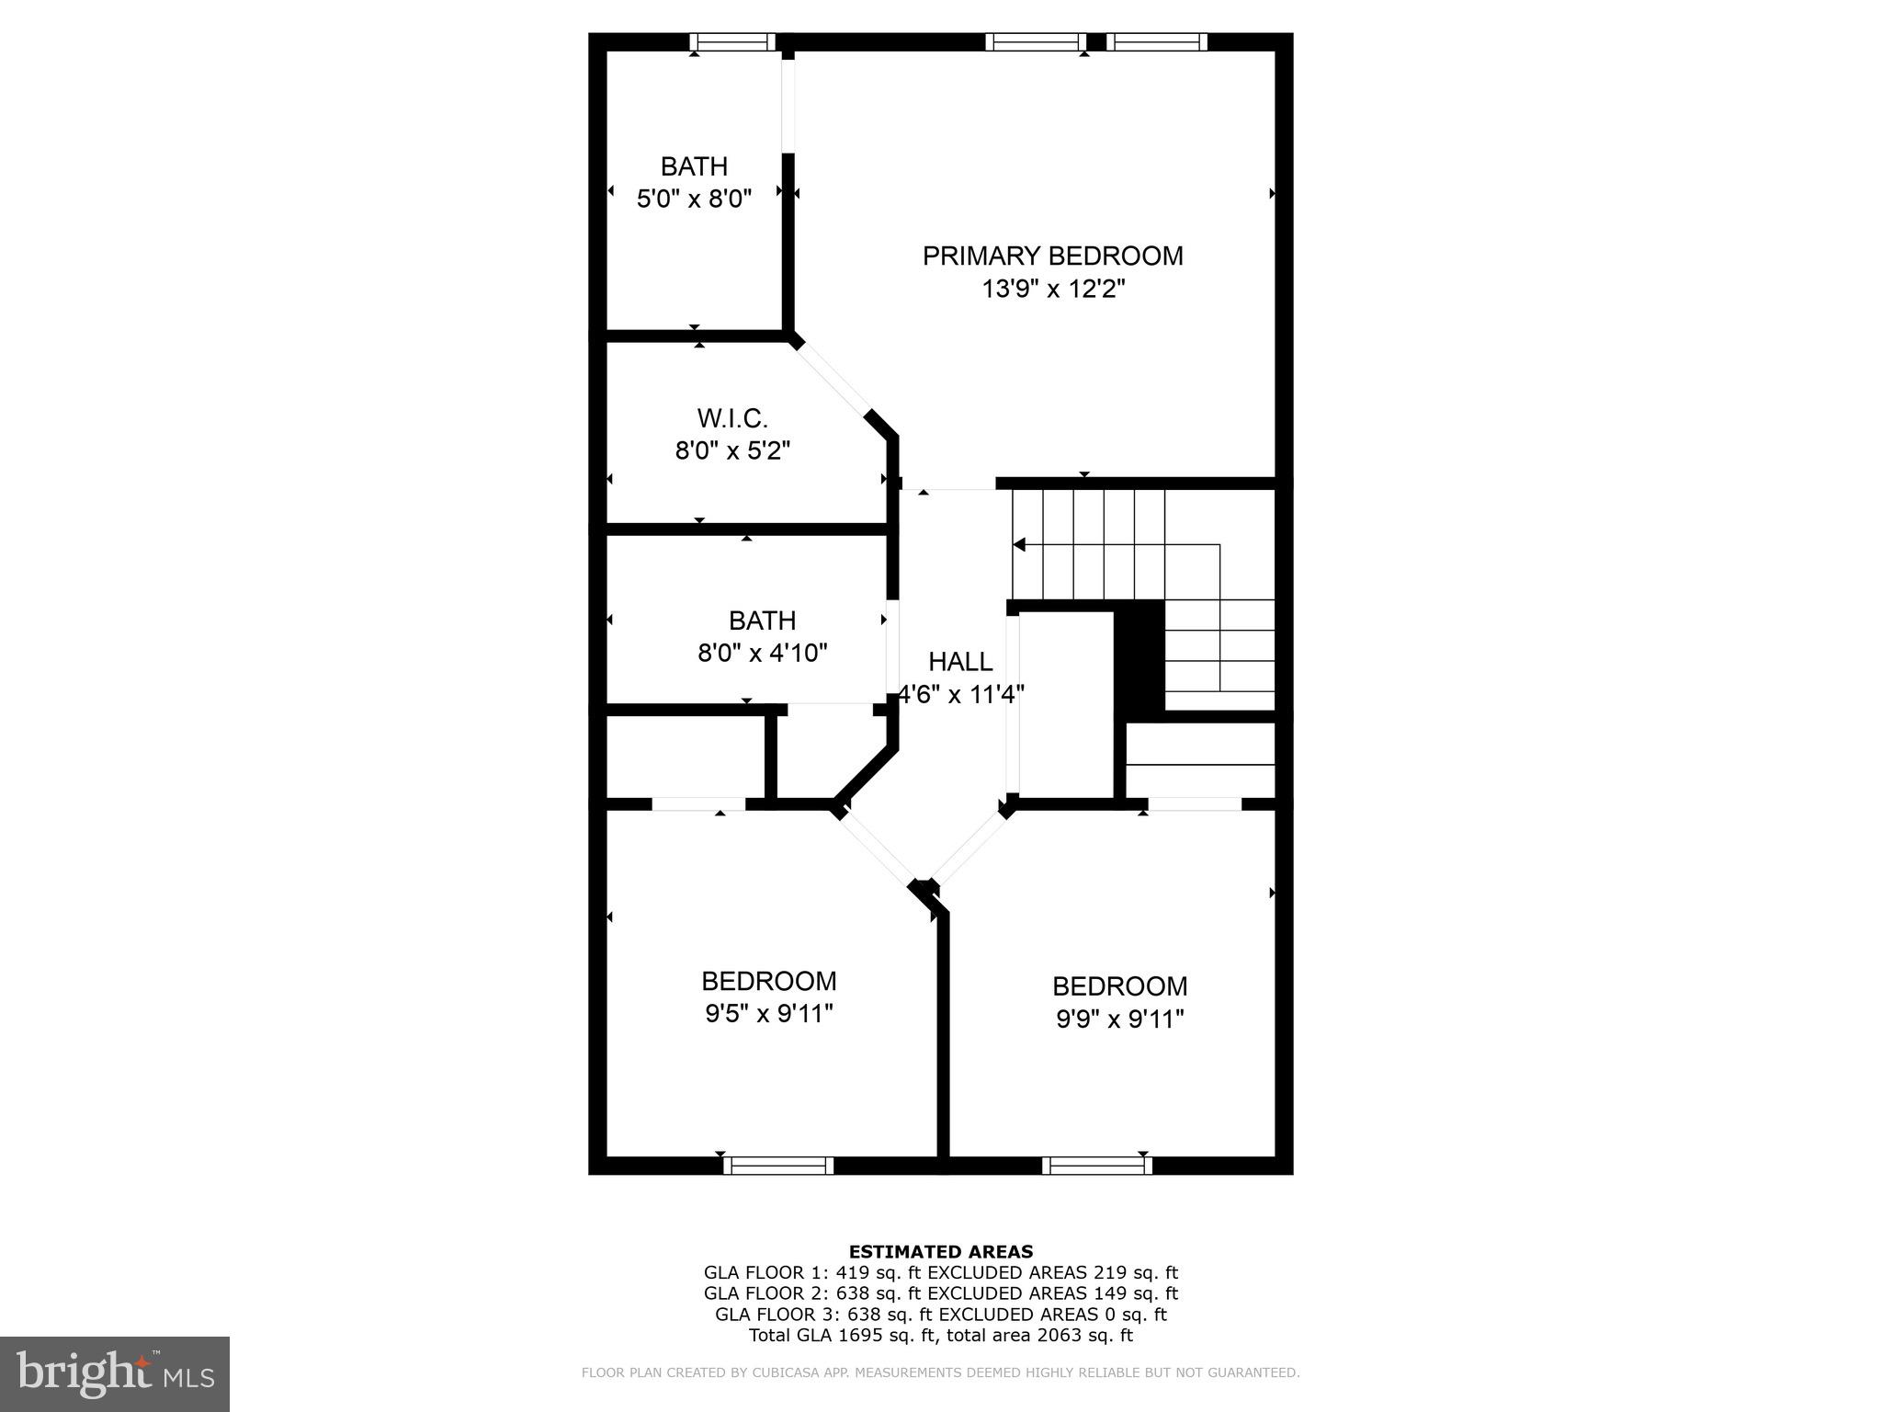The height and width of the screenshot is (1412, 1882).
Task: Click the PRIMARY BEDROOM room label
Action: coord(1052,256)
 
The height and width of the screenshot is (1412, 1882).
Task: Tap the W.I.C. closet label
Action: coord(732,418)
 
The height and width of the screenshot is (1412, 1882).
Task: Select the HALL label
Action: coord(960,662)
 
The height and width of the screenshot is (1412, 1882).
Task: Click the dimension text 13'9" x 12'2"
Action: coord(1053,290)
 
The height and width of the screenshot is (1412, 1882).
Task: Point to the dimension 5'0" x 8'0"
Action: coord(694,199)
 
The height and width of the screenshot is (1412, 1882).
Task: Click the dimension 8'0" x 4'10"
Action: coord(763,654)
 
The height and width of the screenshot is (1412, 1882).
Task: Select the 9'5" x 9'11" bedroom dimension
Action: coord(768,1014)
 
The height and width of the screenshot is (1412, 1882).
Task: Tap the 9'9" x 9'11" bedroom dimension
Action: coord(1119,1019)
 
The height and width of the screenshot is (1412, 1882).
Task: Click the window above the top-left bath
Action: coord(732,41)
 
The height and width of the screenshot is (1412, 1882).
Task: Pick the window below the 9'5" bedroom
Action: coord(778,1166)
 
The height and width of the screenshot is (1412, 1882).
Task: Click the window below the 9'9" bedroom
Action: coord(1097,1166)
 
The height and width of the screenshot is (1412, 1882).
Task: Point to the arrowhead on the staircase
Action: coord(1019,545)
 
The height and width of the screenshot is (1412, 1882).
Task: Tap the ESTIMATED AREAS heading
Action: coord(941,1251)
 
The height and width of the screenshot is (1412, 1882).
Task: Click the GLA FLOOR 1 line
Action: coord(941,1273)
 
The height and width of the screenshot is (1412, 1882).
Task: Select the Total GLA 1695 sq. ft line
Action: coord(941,1336)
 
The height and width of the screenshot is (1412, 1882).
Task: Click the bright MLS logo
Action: coord(115,1373)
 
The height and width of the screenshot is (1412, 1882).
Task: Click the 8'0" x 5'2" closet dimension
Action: coord(732,451)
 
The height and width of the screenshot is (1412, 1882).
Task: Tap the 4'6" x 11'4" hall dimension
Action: coord(961,695)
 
